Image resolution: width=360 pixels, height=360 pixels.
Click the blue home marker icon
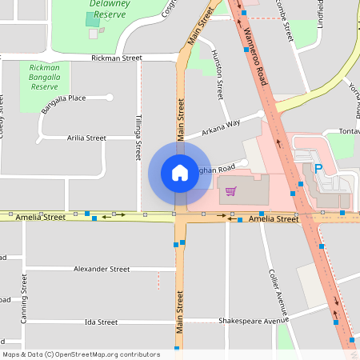tap(180, 172)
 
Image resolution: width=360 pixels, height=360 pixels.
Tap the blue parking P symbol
tap(318, 170)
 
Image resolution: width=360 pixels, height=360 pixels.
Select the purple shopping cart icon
tap(231, 190)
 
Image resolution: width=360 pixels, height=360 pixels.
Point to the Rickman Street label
tap(116, 58)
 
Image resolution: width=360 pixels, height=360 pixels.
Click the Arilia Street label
tap(86, 138)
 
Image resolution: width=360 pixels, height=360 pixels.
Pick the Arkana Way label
tap(221, 126)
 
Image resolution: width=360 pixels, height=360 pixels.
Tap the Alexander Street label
tap(102, 270)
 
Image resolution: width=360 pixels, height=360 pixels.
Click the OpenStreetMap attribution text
tap(81, 354)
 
